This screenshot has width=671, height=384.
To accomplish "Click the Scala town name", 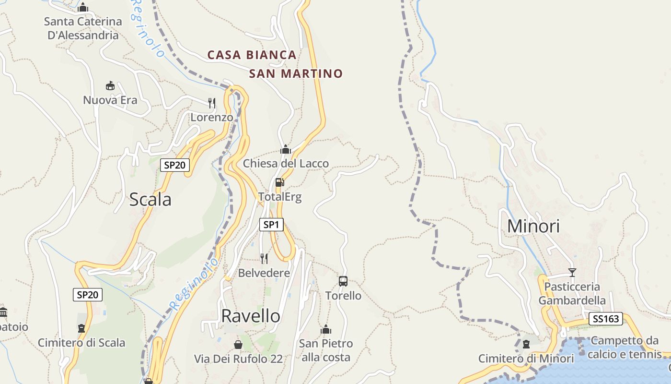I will point(150,199).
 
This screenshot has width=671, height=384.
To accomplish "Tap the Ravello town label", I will point(251,316).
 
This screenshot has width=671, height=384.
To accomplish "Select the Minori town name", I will point(533,226).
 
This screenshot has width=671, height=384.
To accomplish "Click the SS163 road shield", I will point(605,319).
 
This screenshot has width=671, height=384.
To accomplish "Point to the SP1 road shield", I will point(271,224).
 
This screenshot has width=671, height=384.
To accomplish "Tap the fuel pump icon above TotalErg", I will point(280,182).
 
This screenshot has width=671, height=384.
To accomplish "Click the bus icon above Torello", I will point(343,281).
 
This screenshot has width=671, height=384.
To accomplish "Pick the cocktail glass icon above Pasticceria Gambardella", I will point(572,273).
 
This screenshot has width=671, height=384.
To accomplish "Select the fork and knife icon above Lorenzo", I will point(211,103).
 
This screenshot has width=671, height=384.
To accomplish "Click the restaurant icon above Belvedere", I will point(264,259).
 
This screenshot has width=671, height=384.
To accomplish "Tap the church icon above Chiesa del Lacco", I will point(286,149).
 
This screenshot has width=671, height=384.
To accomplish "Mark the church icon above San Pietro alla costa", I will point(326,329).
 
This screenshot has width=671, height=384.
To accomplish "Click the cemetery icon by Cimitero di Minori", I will point(526,344).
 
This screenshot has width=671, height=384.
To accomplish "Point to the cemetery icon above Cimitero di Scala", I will point(81,328).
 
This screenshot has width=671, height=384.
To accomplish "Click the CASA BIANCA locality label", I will point(252,55).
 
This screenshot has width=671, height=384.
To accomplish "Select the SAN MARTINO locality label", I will point(296,73).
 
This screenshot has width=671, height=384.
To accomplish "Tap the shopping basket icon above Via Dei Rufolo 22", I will point(238,345).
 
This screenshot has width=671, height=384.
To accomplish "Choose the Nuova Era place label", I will point(110,100).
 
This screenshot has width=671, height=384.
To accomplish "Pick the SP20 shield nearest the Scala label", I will point(175,165).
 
